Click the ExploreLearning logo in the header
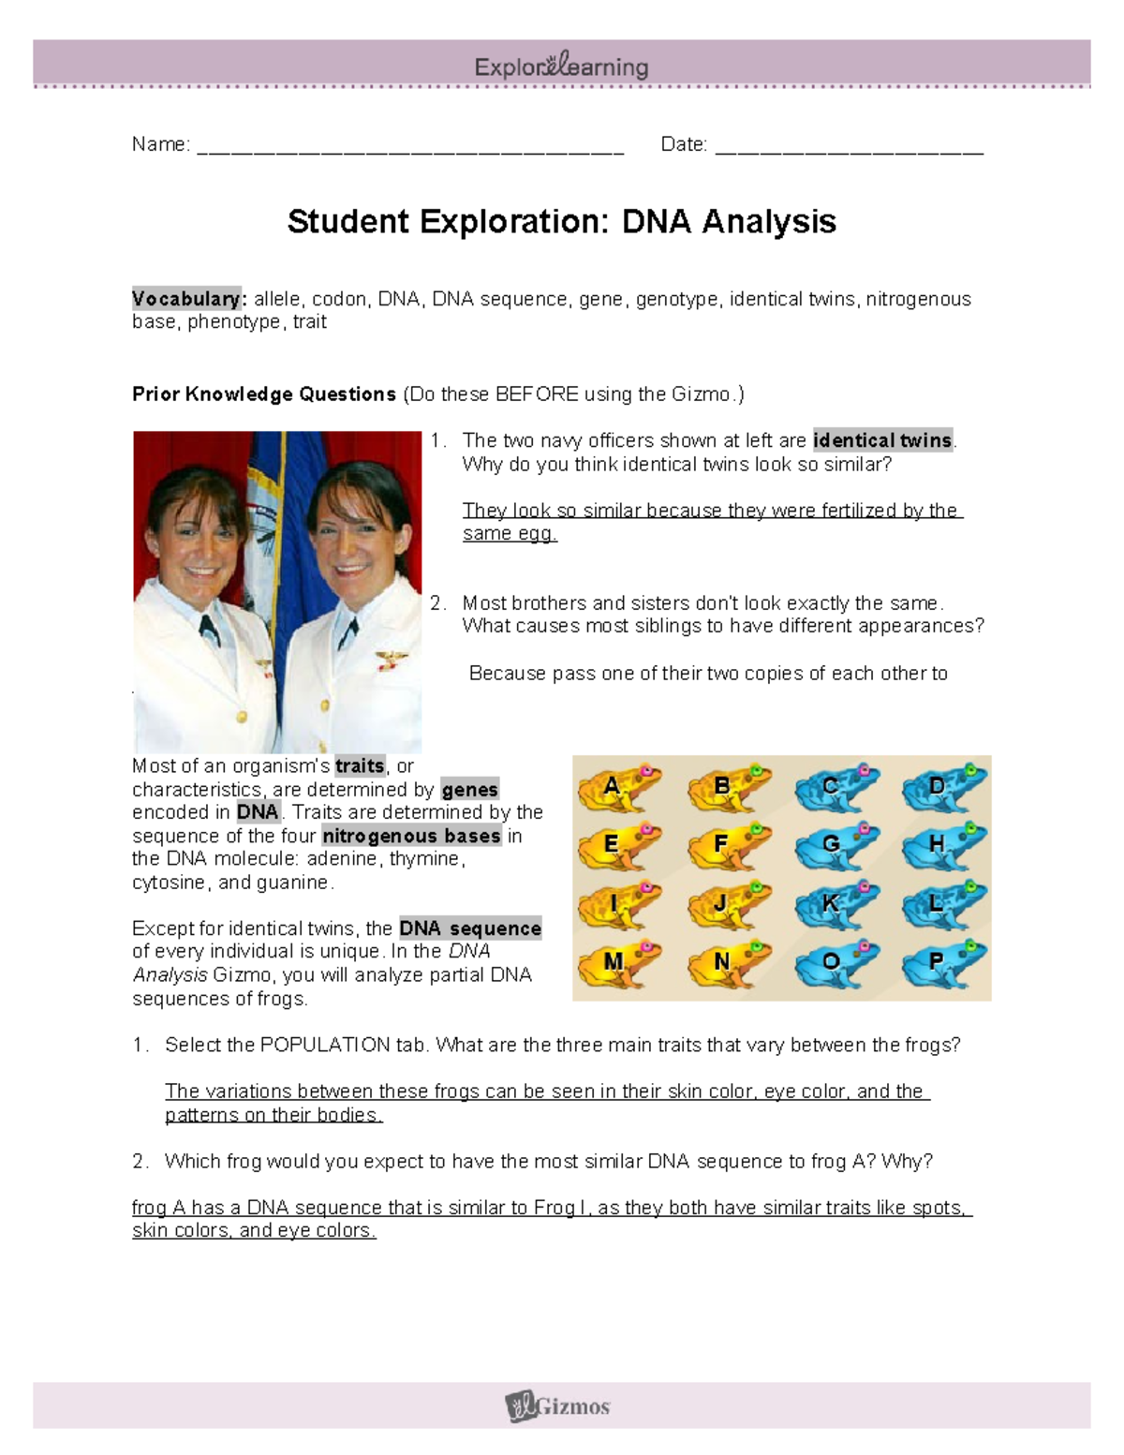coord(561,67)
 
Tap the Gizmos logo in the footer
coord(559,1406)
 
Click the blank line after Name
coord(410,146)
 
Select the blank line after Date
coord(849,146)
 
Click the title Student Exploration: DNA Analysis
coord(561,222)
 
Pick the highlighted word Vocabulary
coord(188,299)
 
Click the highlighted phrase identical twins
coord(882,440)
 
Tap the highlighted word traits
coord(360,766)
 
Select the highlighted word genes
coord(469,790)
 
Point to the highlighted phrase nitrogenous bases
coord(411,836)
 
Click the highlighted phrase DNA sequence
coord(470,928)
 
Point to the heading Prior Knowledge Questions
coord(264,394)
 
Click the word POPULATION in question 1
coord(325,1045)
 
